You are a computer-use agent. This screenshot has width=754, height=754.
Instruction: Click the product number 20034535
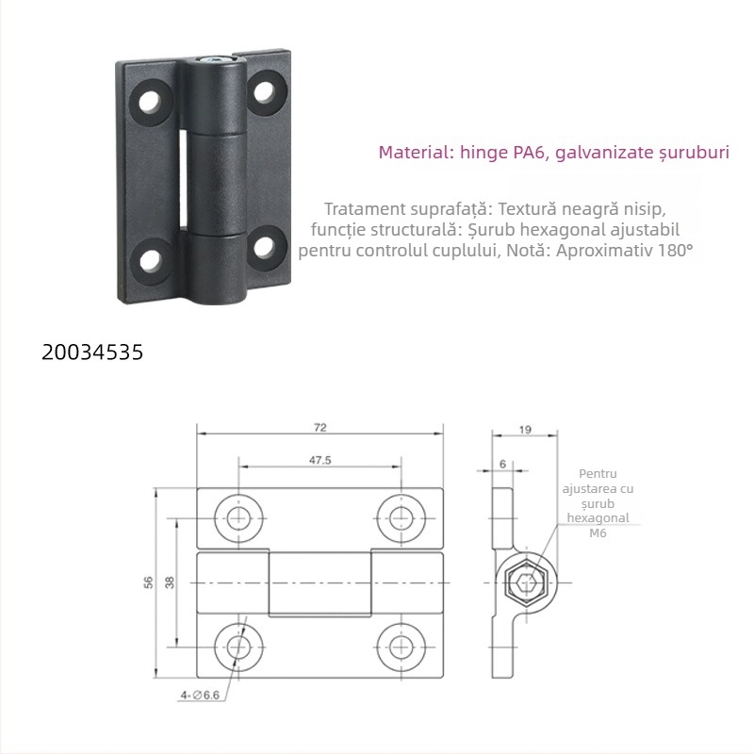(x=93, y=352)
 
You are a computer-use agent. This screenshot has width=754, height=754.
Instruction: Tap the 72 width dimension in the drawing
(x=320, y=427)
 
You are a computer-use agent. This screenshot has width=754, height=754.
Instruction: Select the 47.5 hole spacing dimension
(x=320, y=461)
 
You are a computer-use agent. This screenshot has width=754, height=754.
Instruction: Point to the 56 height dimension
(x=147, y=582)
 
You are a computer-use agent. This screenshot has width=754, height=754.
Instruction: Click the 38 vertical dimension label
(x=170, y=582)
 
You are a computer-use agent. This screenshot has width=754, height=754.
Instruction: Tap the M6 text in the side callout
(x=598, y=533)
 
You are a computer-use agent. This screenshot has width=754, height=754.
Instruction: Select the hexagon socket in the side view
(x=522, y=583)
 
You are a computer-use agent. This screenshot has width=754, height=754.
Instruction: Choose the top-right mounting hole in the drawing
(x=398, y=516)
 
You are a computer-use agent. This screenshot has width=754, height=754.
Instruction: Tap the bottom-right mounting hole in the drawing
(x=398, y=647)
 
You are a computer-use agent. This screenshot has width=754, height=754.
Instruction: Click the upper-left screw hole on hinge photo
(x=149, y=101)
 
